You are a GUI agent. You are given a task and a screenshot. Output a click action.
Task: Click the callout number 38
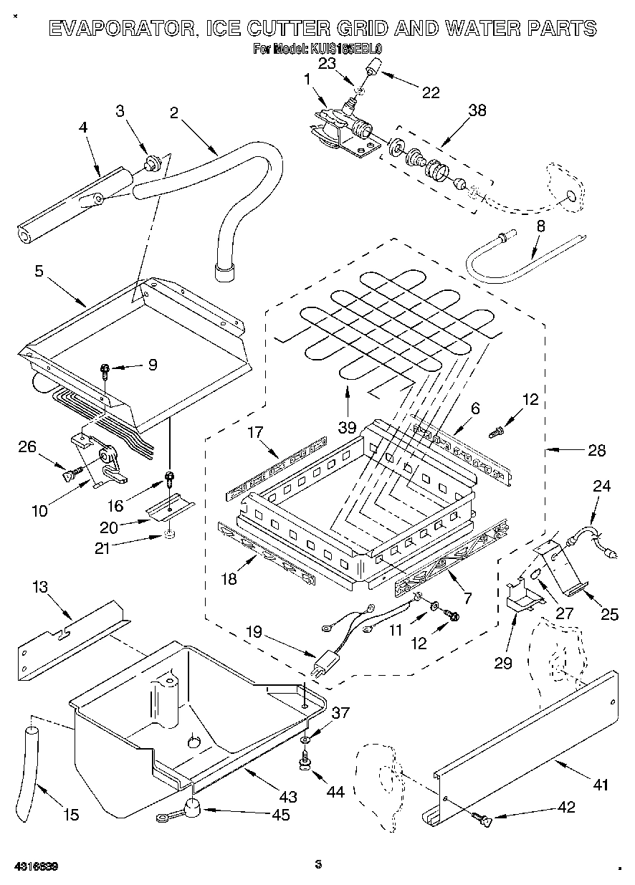click(477, 110)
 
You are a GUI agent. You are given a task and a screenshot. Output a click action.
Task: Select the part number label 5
click(39, 271)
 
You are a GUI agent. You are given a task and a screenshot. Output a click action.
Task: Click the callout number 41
click(600, 785)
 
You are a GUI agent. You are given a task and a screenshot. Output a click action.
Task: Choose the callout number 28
click(596, 451)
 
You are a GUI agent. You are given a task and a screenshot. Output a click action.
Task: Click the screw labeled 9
click(105, 370)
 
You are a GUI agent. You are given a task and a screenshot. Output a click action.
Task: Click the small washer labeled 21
click(169, 534)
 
